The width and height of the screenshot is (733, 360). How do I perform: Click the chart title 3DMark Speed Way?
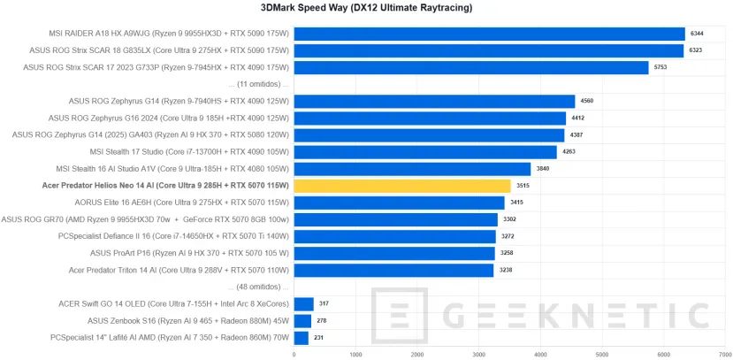(366, 8)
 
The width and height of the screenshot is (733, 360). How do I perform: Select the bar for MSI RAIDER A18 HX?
(489, 34)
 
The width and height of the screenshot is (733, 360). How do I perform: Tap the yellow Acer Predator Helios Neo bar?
(401, 186)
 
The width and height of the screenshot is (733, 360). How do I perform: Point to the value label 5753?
(660, 67)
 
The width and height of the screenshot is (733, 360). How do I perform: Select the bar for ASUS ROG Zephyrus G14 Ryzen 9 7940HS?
(434, 101)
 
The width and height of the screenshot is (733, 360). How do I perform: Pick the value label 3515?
(523, 186)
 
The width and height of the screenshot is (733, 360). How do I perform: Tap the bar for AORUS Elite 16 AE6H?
(399, 203)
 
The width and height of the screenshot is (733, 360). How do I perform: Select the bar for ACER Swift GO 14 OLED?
(303, 304)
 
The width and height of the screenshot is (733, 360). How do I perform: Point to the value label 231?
(320, 338)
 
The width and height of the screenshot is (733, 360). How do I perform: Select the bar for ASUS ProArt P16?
(393, 253)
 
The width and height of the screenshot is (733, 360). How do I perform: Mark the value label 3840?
(542, 169)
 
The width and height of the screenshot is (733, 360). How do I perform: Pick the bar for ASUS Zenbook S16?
(302, 321)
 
